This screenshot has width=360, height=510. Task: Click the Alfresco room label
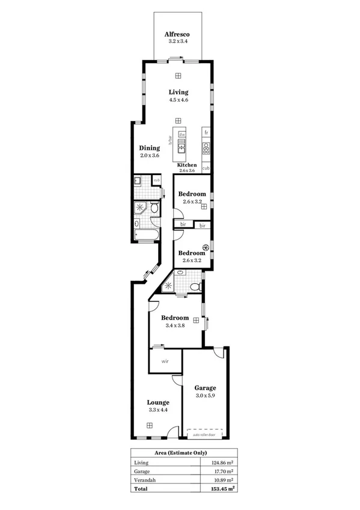coord(178,35)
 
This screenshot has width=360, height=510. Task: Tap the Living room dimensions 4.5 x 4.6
coord(178,100)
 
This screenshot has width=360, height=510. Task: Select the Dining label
coord(149,148)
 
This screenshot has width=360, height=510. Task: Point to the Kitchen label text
coord(187,165)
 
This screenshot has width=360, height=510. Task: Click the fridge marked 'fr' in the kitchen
coord(206,132)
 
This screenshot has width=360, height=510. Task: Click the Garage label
coord(206,388)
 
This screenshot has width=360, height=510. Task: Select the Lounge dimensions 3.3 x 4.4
coord(158,410)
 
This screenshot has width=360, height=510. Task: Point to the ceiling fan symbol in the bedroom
coord(206,246)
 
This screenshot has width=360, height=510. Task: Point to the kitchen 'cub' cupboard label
coord(206,168)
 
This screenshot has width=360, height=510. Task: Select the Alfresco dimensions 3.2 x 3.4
coord(178,42)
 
